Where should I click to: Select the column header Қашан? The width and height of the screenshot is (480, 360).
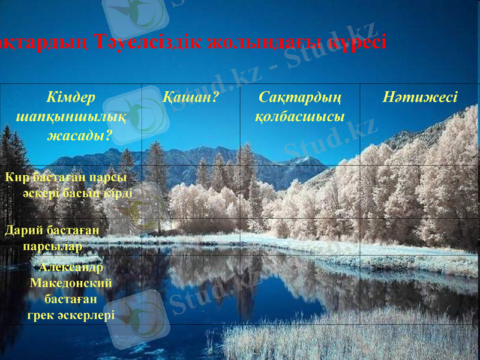click(x=190, y=97)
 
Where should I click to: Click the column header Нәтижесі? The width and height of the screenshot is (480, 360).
click(x=420, y=97)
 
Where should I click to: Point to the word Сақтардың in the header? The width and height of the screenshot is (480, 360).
click(x=300, y=97)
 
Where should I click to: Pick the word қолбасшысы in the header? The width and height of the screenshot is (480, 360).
click(x=300, y=116)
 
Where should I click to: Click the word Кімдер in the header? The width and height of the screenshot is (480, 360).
click(x=71, y=97)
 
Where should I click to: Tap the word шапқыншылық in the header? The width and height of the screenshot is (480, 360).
click(x=71, y=116)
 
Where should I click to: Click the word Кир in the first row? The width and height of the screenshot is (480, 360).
click(x=17, y=178)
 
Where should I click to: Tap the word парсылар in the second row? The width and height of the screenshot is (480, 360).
click(x=52, y=245)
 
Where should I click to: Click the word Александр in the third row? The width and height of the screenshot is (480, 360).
click(x=71, y=268)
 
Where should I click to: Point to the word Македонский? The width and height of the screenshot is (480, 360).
click(x=71, y=283)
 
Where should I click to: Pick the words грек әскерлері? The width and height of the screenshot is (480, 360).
click(x=71, y=314)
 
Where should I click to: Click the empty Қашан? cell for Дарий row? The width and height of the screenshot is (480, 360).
click(x=190, y=236)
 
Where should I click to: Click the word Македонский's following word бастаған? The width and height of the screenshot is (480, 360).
click(x=71, y=298)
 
